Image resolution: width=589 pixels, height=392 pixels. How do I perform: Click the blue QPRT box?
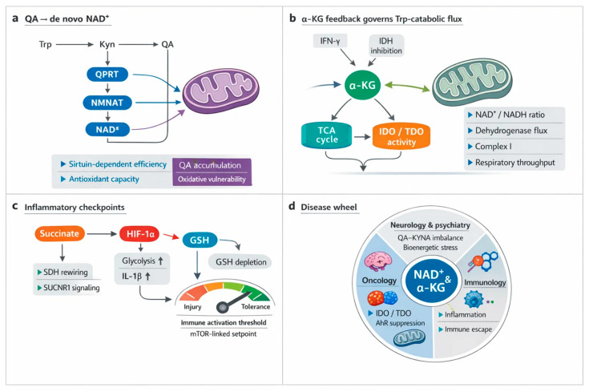[107, 74]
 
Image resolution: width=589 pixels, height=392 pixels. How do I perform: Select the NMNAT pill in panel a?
[107, 103]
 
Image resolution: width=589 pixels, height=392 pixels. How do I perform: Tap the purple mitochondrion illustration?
[221, 91]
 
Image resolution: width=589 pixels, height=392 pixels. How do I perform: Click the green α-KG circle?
[362, 85]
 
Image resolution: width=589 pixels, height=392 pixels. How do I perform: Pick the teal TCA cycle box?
[326, 135]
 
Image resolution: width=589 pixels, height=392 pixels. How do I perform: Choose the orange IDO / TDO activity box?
[401, 136]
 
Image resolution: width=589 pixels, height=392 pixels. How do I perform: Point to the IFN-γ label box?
[330, 41]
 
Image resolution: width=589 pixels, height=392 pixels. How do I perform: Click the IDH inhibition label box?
[386, 46]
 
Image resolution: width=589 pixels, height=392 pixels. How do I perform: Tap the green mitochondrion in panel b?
[473, 83]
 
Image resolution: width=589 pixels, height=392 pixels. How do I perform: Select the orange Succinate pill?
[59, 233]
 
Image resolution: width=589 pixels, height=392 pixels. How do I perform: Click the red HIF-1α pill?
[139, 234]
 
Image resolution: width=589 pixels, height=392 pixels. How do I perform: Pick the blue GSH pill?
[200, 240]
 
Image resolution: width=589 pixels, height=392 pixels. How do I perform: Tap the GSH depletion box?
[240, 262]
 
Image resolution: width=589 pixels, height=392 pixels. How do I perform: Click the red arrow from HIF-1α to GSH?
[171, 236]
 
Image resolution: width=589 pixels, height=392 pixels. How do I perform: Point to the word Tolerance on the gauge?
[256, 307]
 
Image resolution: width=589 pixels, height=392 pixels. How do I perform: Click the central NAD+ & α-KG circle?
[431, 281]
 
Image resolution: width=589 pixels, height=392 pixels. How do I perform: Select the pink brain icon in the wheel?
[378, 261]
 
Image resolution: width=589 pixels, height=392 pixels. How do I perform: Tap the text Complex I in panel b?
[493, 146]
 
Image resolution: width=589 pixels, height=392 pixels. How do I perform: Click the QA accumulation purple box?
[212, 165]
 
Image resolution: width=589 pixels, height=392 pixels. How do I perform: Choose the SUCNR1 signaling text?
[71, 288]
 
